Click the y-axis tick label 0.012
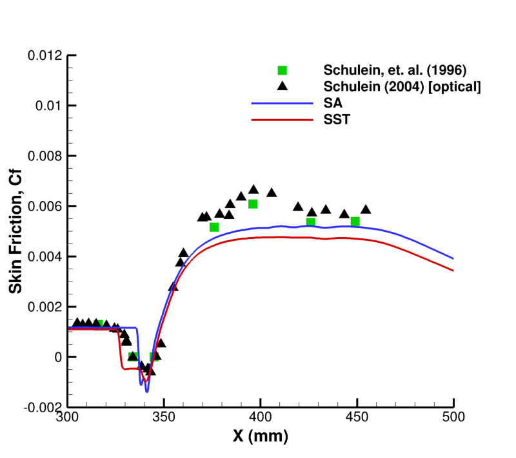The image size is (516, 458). click(x=45, y=55)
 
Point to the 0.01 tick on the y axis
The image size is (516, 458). click(x=48, y=106)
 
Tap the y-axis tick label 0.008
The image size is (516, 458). click(x=45, y=156)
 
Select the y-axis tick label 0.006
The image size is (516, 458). click(x=45, y=206)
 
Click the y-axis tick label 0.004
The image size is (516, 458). click(x=45, y=256)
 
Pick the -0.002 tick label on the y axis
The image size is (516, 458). click(x=43, y=407)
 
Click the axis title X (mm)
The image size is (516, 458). click(x=261, y=436)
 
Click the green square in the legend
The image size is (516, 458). click(x=282, y=70)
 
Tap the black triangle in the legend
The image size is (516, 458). click(x=282, y=86)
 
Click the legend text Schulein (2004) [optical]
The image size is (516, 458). click(x=403, y=86)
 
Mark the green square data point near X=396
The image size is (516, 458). click(x=253, y=204)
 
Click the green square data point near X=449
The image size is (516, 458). click(x=355, y=222)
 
